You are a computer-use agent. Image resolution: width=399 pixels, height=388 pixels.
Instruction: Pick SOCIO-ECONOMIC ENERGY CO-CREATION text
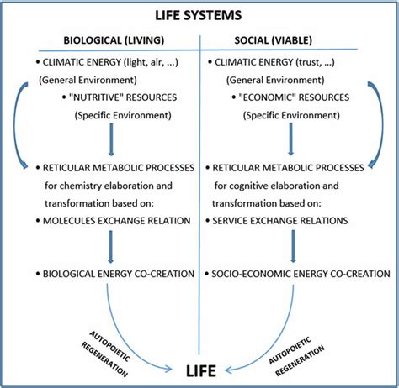[x=301, y=274]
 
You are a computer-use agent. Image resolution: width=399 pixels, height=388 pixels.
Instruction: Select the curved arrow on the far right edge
[x=380, y=126]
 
